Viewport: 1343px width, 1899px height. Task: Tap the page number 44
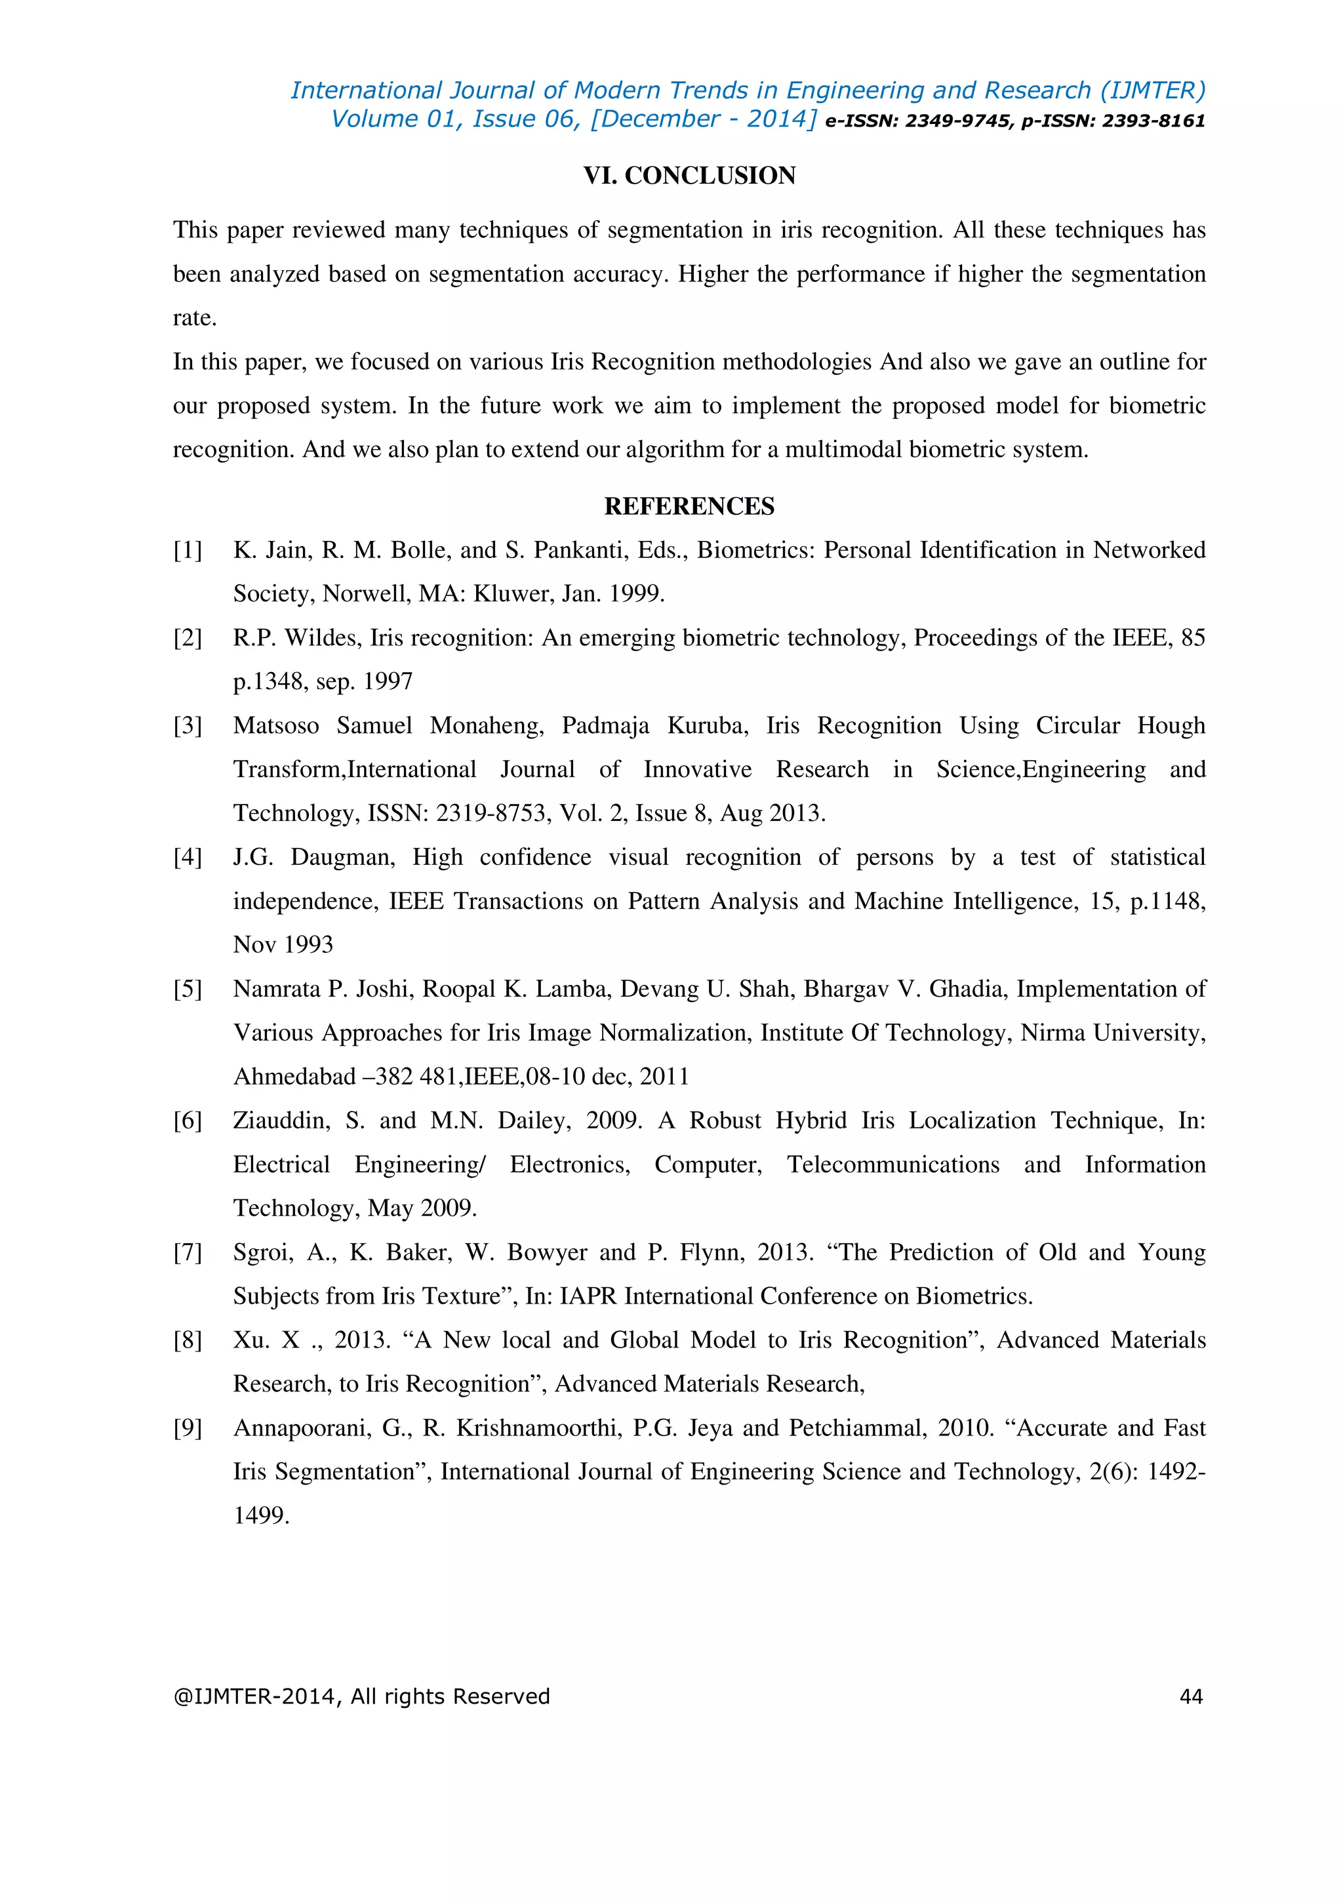click(1191, 1696)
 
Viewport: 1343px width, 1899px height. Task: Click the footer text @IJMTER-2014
click(252, 1696)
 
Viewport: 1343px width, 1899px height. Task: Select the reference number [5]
click(188, 989)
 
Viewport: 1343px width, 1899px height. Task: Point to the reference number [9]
click(188, 1428)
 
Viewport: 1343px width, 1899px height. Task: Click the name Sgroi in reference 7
click(262, 1252)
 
